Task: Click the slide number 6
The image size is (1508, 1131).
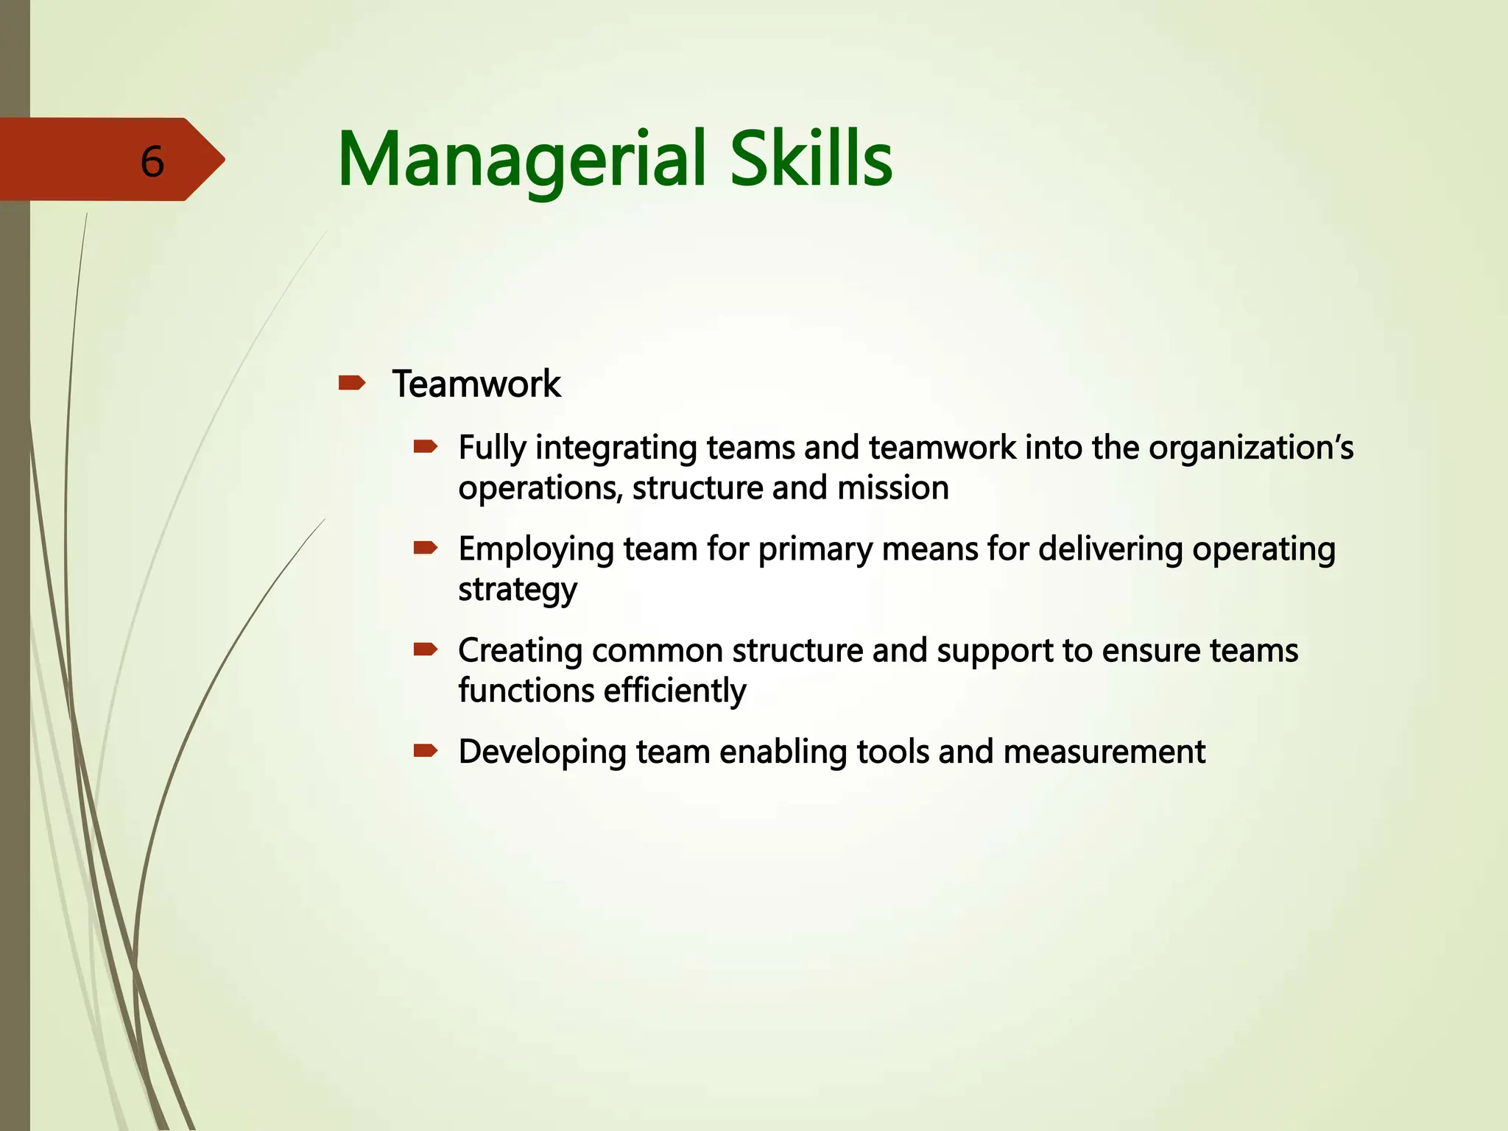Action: pos(152,161)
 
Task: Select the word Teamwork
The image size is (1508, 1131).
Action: pos(476,384)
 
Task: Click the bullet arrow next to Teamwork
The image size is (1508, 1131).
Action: pos(352,383)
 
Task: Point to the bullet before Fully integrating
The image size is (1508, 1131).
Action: pos(426,446)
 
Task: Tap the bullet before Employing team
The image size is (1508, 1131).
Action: pos(426,547)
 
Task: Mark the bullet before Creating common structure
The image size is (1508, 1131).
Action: pos(426,649)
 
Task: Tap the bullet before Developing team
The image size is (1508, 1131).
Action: pos(426,750)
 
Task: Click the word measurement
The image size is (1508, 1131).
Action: pos(1104,752)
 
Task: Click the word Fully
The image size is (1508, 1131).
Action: pos(491,448)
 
